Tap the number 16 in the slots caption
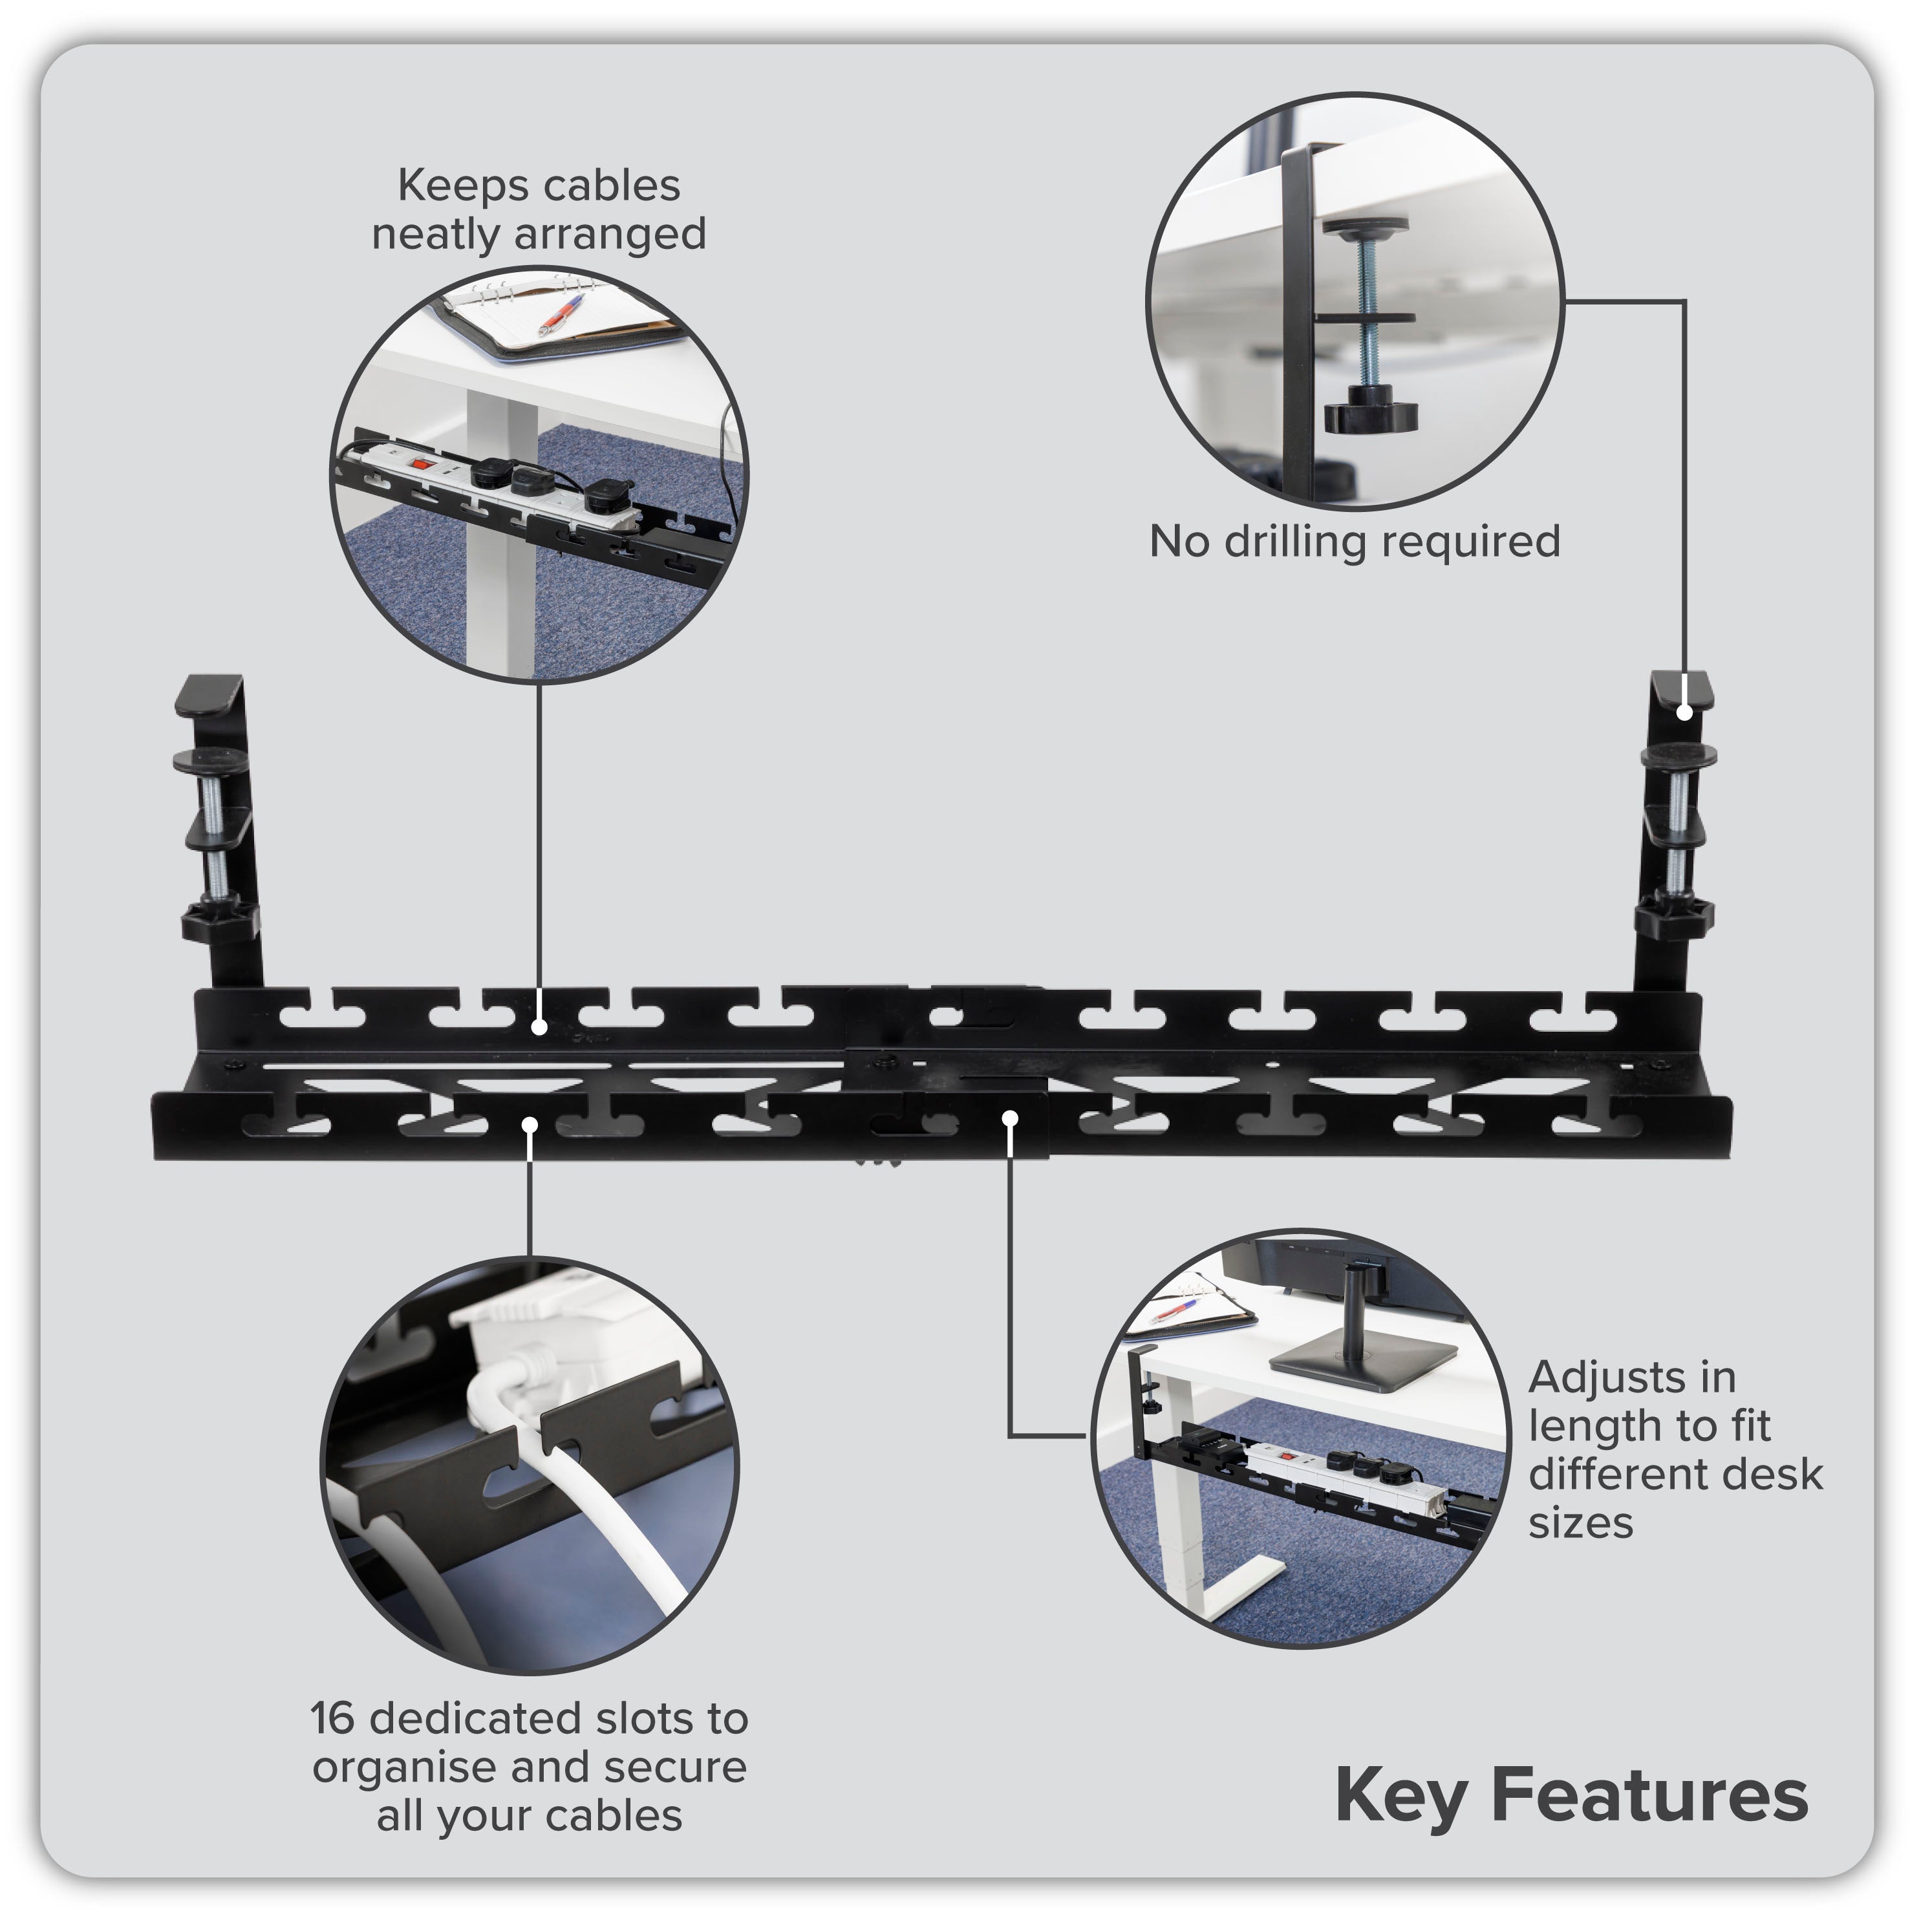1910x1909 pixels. click(332, 1718)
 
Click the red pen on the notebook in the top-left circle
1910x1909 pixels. click(559, 316)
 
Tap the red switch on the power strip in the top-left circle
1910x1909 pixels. click(423, 463)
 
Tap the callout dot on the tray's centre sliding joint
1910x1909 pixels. click(1009, 1118)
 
